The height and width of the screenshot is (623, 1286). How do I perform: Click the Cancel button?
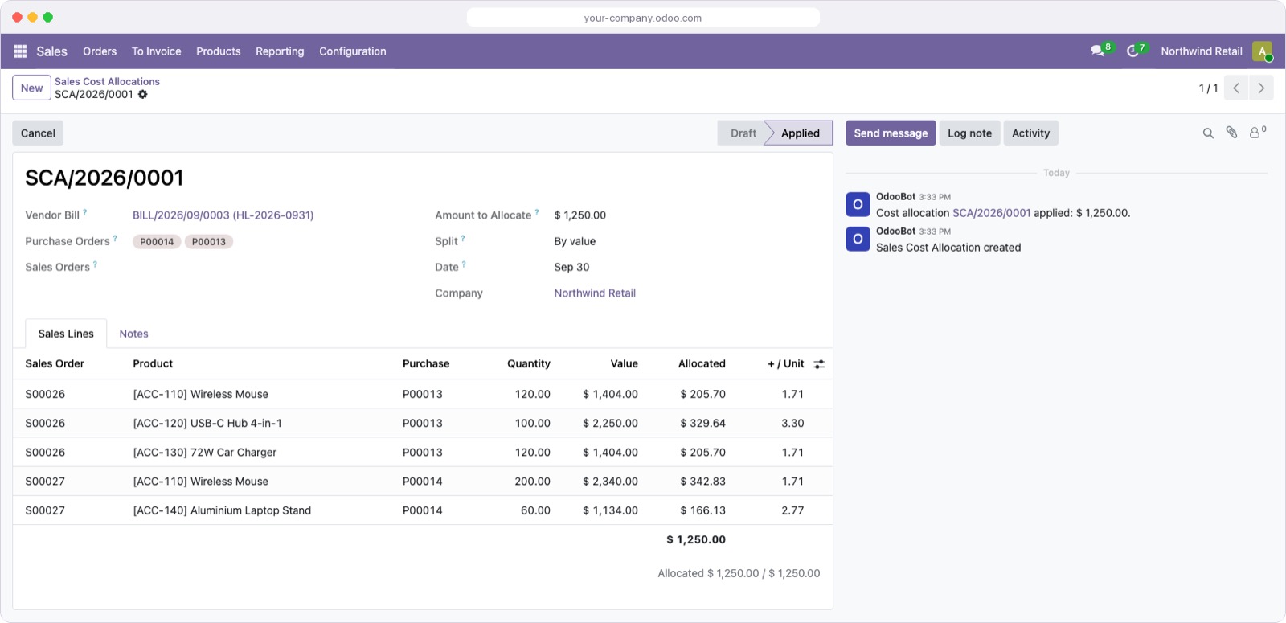38,133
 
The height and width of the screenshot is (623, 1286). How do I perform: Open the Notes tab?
133,334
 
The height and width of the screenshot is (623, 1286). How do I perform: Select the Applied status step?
800,133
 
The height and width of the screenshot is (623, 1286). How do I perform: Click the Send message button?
891,133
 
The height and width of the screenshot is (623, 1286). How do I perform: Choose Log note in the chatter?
969,133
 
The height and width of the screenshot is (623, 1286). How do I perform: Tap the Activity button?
1030,133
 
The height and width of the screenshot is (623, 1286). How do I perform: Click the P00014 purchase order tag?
157,242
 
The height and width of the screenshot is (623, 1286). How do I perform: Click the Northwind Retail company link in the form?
594,293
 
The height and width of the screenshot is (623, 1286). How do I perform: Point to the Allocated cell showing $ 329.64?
702,423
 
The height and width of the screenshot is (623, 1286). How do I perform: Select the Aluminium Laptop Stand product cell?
222,510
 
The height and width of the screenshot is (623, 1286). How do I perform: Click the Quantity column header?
528,363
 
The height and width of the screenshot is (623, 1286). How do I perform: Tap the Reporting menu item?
280,51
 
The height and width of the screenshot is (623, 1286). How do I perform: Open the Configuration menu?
353,51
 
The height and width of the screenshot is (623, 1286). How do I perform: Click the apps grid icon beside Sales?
20,51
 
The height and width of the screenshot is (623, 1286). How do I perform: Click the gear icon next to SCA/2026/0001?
142,94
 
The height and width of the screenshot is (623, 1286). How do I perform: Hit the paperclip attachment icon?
1231,133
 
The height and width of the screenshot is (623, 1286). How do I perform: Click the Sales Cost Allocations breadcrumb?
107,81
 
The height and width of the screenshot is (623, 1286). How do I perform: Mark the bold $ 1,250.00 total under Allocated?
696,539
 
